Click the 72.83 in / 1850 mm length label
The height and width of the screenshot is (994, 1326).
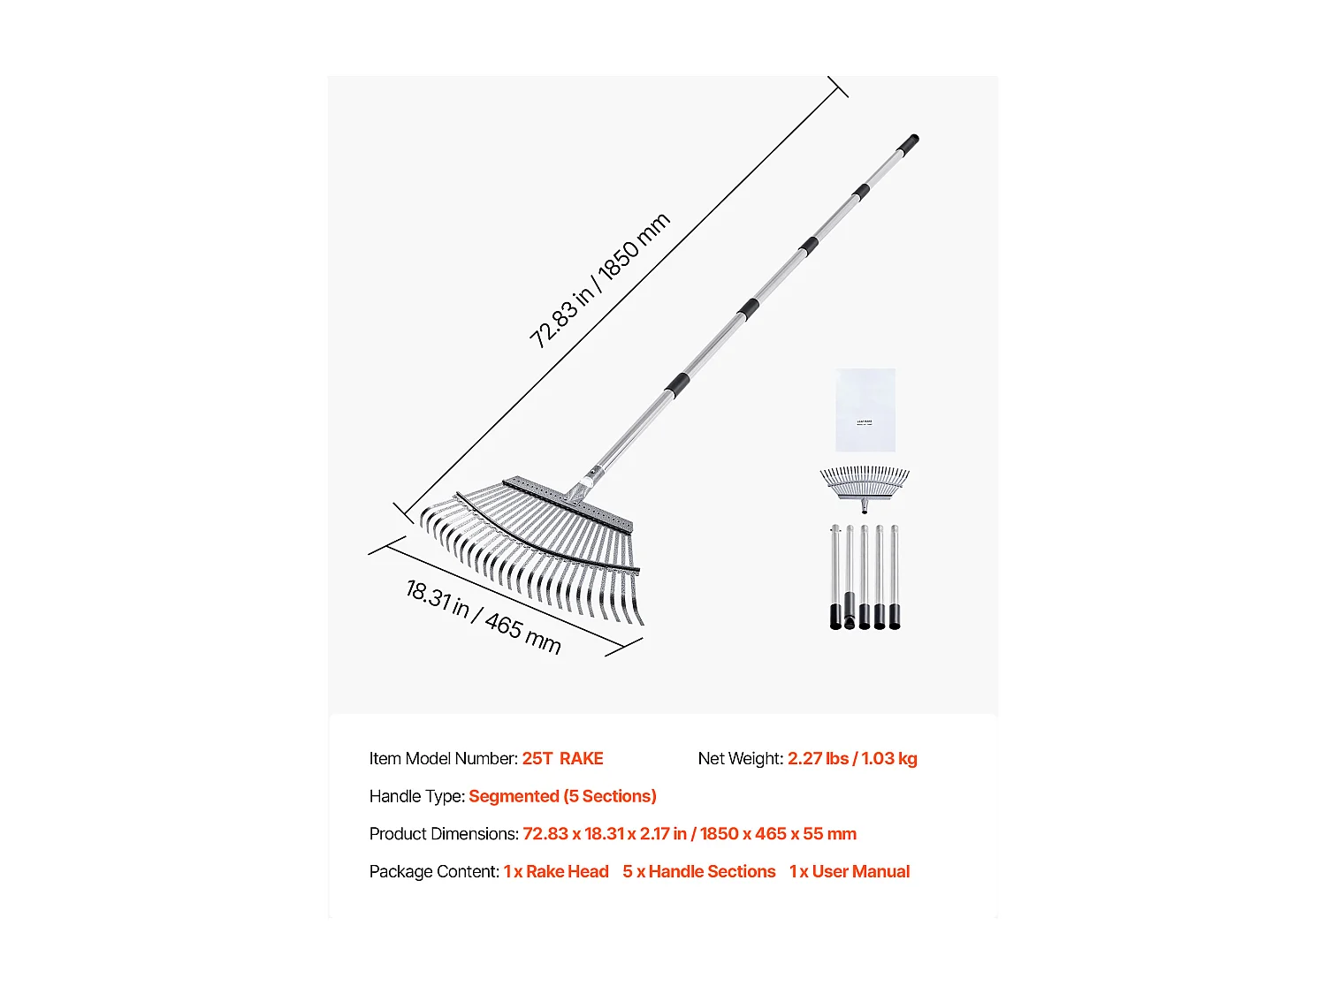click(x=599, y=280)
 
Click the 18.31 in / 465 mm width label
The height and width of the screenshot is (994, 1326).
click(x=483, y=616)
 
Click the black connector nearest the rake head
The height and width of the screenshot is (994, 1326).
click(x=677, y=384)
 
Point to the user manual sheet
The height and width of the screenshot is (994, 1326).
click(x=865, y=410)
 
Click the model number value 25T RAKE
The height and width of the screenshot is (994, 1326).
click(x=562, y=759)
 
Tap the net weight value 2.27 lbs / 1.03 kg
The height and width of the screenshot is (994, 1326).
click(x=852, y=759)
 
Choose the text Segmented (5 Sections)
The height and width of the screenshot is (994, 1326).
click(x=562, y=796)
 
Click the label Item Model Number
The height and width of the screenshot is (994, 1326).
click(x=443, y=759)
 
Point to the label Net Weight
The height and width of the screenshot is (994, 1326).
click(x=740, y=759)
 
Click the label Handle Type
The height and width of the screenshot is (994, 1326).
click(x=416, y=796)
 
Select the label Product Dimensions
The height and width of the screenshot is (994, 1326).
click(x=444, y=834)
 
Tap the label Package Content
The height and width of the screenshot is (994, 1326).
click(x=434, y=872)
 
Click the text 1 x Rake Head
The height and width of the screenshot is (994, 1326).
click(x=556, y=872)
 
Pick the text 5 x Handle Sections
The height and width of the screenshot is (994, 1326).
click(x=698, y=872)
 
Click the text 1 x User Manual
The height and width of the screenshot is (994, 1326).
click(x=850, y=872)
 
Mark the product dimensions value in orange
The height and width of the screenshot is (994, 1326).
click(x=690, y=834)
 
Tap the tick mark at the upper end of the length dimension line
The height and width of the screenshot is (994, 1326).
click(x=838, y=87)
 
